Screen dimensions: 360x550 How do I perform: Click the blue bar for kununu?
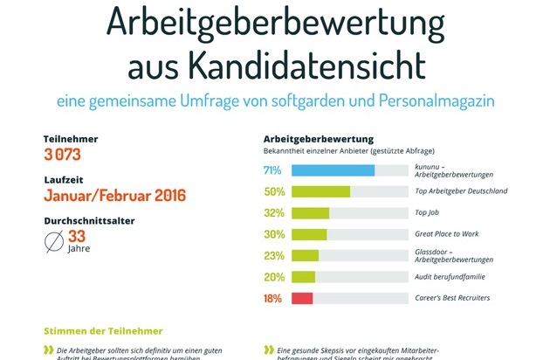coord(333,170)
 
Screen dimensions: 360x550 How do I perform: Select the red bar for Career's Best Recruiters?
coord(302,299)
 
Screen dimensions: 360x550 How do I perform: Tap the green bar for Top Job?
coord(310,213)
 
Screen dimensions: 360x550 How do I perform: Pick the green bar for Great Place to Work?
coord(309,234)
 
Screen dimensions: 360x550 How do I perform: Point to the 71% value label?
coord(272,170)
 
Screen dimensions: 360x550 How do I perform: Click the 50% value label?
coord(274,191)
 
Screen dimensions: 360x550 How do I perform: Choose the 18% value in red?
coord(273,299)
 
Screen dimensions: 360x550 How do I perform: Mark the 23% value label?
coord(274,256)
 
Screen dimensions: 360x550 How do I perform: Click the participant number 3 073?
coord(65,155)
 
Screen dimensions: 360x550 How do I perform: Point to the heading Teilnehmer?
coord(71,139)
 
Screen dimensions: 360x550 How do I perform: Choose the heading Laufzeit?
coord(65,178)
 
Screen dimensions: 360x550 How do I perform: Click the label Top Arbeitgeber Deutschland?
coord(462,191)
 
